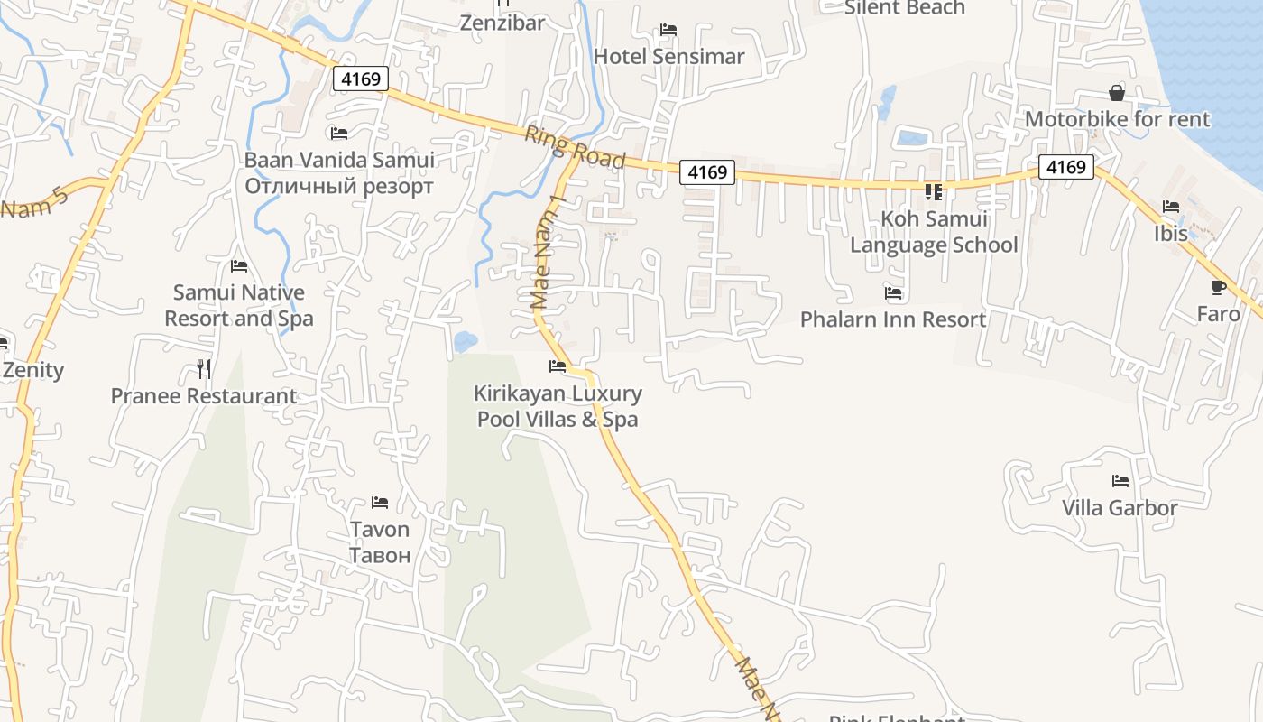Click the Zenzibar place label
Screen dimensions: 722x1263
pyautogui.click(x=502, y=23)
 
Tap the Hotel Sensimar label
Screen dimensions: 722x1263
pyautogui.click(x=668, y=56)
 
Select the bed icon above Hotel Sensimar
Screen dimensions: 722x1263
pyautogui.click(x=668, y=30)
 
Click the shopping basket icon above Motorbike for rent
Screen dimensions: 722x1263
pyautogui.click(x=1117, y=93)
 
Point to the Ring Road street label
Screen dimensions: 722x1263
pyautogui.click(x=575, y=147)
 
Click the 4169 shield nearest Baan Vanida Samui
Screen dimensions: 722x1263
pyautogui.click(x=361, y=79)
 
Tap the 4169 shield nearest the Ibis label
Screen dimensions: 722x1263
pyautogui.click(x=1065, y=167)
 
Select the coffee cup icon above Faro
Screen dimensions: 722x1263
pyautogui.click(x=1219, y=288)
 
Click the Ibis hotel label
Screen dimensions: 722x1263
pyautogui.click(x=1171, y=233)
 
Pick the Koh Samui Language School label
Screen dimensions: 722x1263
pyautogui.click(x=934, y=232)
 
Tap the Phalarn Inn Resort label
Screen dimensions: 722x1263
pyautogui.click(x=893, y=319)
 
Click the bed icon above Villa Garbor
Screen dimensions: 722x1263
pyautogui.click(x=1120, y=481)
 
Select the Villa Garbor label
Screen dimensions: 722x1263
pyautogui.click(x=1120, y=507)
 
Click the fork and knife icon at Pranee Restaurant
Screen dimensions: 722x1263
pyautogui.click(x=204, y=369)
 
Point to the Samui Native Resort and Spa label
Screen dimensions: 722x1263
pyautogui.click(x=239, y=305)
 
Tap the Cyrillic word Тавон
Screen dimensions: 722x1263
pyautogui.click(x=380, y=555)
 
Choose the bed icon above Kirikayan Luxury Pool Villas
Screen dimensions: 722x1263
pyautogui.click(x=558, y=366)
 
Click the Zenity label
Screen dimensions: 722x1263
pyautogui.click(x=33, y=369)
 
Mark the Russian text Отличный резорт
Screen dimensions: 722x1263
pyautogui.click(x=339, y=187)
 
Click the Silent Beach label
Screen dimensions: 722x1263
pyautogui.click(x=905, y=8)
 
